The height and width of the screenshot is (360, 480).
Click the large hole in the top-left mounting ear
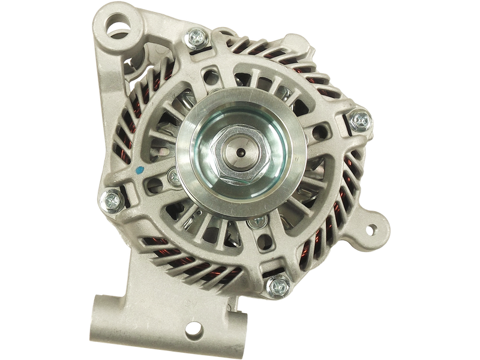coord(118,26)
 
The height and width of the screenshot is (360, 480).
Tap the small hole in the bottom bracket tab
coord(193,328)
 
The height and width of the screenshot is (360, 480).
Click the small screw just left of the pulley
coord(173,176)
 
